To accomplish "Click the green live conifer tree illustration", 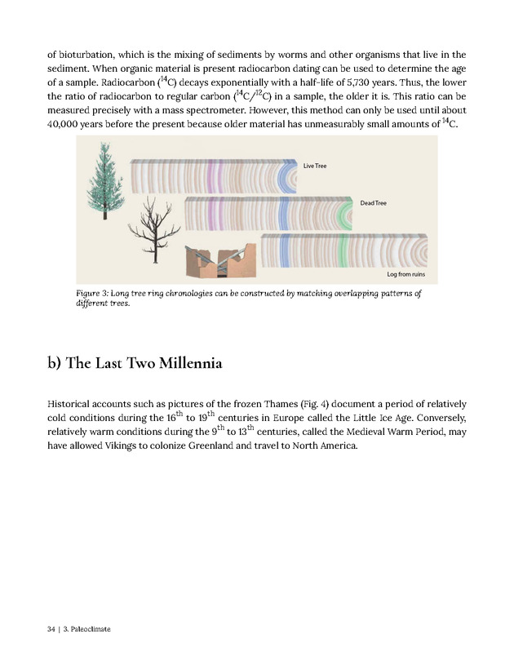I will click(x=104, y=180).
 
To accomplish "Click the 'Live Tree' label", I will click(x=315, y=166).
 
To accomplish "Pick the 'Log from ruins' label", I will click(x=405, y=273).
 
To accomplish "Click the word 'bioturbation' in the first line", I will click(x=90, y=55).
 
